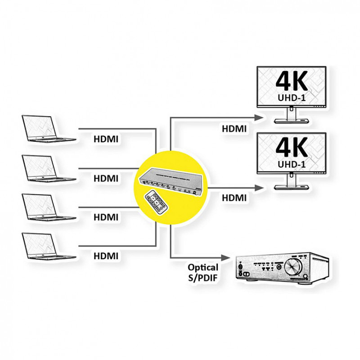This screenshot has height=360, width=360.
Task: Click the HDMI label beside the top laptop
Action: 106,139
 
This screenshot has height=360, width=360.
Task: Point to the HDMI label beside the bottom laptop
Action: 106,256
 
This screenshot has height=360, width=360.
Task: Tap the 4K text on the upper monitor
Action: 291,83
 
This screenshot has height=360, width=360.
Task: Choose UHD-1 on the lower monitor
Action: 291,164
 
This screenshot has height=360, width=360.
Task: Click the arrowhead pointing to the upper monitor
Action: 259,118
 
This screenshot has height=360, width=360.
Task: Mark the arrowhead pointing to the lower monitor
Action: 259,187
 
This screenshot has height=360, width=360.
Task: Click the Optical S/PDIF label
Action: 203,272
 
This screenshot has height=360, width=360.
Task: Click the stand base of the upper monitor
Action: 291,121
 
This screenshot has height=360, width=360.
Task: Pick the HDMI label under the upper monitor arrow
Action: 234,128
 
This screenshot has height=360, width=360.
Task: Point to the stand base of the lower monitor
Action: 291,188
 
